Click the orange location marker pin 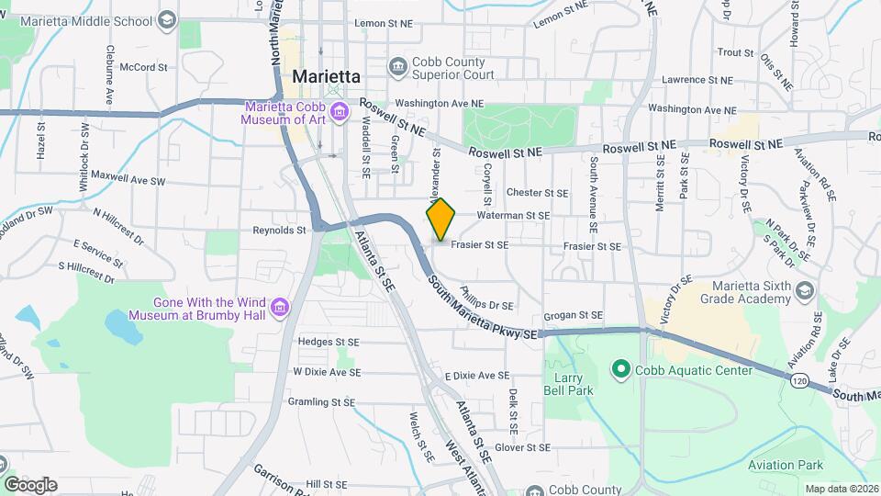pos(441,220)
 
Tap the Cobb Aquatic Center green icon pos(620,370)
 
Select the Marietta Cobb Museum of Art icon pos(340,113)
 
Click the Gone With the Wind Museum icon pos(280,305)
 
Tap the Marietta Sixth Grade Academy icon pos(804,291)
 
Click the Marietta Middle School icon pos(166,18)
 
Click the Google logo pos(30,484)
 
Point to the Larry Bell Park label pos(574,384)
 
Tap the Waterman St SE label pos(513,215)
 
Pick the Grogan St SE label pos(573,315)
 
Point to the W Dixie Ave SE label pos(326,372)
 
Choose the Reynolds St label pos(280,231)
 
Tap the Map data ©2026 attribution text pos(841,489)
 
